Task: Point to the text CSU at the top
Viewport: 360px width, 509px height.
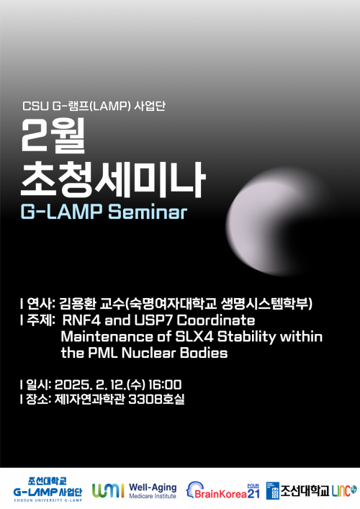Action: click(x=35, y=109)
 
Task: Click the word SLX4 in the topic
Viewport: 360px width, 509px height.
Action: click(x=191, y=336)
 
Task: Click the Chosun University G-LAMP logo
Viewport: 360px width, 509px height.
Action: click(x=48, y=487)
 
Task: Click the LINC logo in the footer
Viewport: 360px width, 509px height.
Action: click(x=343, y=490)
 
